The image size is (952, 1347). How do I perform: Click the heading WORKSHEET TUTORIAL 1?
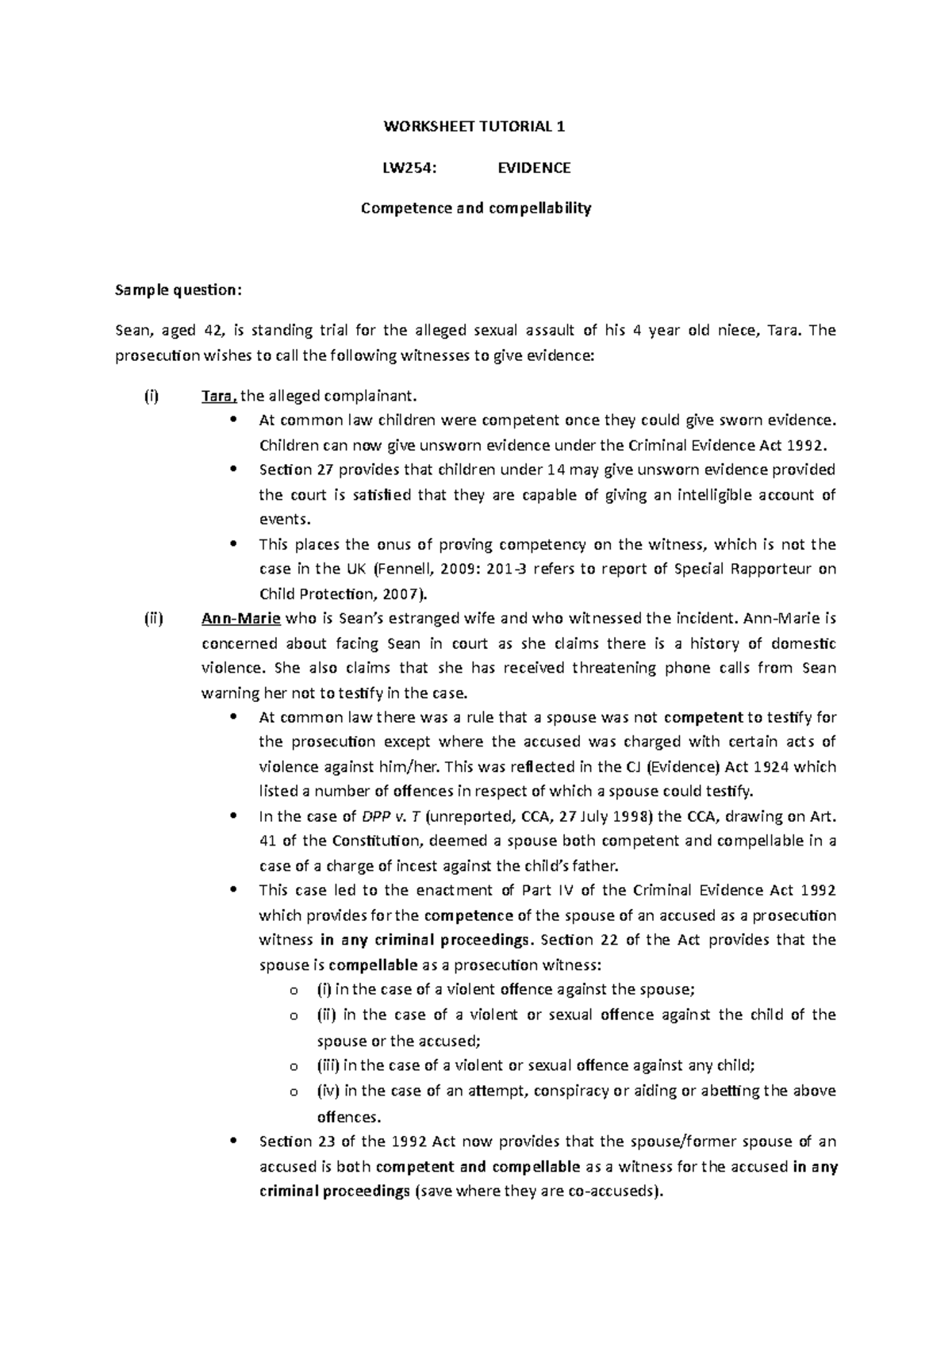[475, 126]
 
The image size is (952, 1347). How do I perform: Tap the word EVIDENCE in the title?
[533, 167]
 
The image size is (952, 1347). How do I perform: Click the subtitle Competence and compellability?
[475, 209]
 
